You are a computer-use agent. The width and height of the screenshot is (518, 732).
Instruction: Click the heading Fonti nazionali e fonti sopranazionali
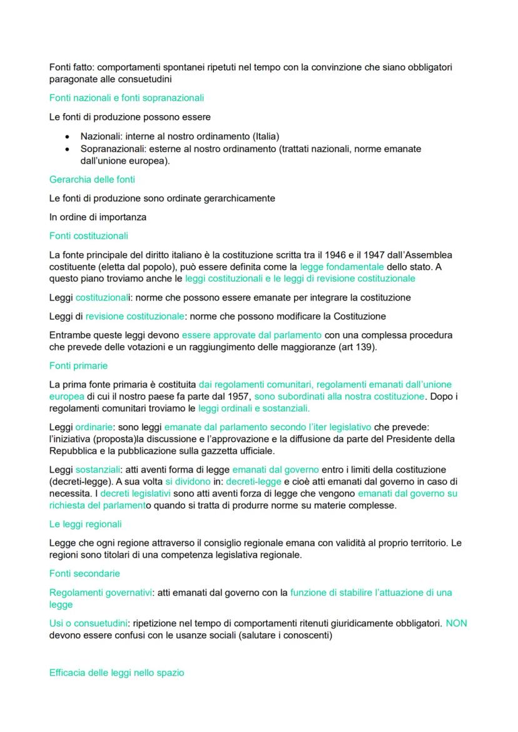coord(126,98)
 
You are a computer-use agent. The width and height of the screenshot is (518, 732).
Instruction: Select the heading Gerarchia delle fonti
coord(92,179)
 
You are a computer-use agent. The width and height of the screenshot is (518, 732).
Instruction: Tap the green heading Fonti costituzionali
coord(88,236)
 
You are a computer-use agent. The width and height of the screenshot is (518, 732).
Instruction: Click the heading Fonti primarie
coord(78,366)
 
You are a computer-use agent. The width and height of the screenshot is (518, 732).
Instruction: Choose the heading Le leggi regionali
coord(85,524)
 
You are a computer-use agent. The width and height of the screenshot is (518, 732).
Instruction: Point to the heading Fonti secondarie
coord(84,573)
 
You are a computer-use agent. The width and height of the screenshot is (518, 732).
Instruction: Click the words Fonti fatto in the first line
coord(71,67)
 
